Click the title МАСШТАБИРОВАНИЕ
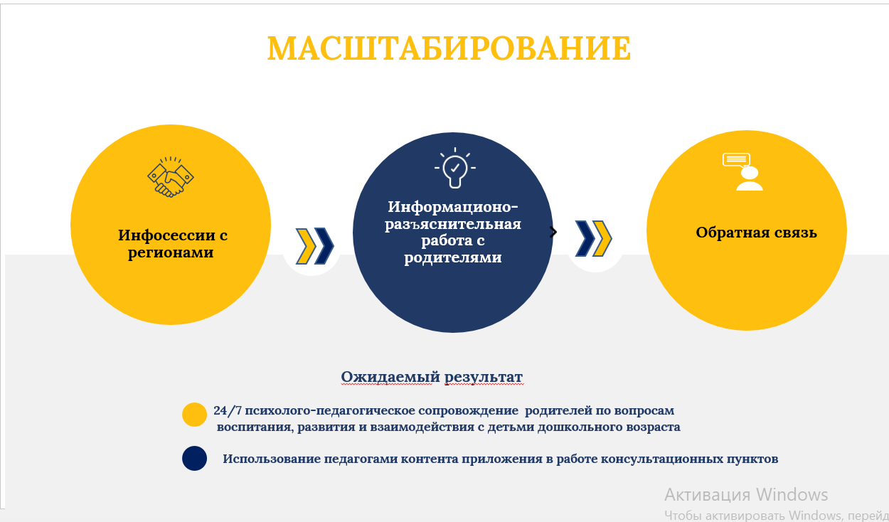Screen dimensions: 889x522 [449, 48]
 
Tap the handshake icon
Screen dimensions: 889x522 [171, 176]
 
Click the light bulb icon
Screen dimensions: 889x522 [455, 168]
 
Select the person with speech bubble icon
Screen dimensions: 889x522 [743, 172]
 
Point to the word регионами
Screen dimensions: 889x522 [171, 253]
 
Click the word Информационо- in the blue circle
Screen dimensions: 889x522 [453, 207]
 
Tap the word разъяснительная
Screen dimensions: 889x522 [453, 224]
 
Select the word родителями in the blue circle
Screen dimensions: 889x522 [453, 257]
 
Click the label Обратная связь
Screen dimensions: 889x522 [757, 233]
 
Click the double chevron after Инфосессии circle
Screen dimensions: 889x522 [315, 246]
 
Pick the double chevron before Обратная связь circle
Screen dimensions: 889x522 [593, 238]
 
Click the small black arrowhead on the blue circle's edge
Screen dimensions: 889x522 [553, 233]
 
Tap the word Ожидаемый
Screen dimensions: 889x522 [390, 377]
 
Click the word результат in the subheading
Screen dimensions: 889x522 [484, 377]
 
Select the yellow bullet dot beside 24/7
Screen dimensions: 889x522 [194, 415]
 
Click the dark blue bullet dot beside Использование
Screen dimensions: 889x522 [194, 459]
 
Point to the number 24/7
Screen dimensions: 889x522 [228, 410]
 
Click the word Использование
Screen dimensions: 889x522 [272, 459]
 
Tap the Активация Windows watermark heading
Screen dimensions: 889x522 [746, 494]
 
